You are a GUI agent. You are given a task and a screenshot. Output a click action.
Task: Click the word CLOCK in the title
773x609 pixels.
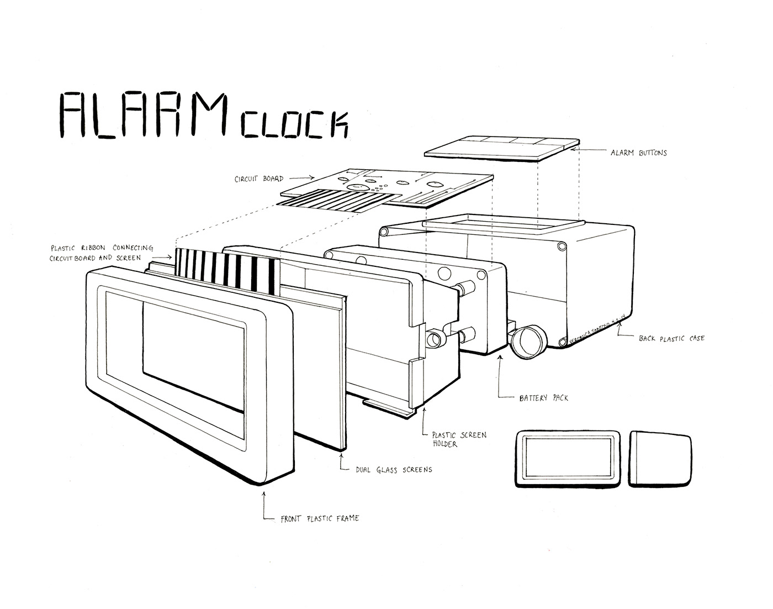point(294,124)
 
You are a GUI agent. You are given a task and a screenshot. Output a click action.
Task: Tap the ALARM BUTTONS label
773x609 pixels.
point(638,153)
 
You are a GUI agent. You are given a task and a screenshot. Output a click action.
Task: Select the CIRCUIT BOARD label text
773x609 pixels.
point(259,179)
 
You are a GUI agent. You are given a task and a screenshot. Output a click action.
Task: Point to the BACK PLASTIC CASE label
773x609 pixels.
point(671,338)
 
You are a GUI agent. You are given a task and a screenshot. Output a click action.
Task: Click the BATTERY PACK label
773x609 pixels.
point(543,397)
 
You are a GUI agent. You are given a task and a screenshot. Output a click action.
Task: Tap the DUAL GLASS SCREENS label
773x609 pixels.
point(394,470)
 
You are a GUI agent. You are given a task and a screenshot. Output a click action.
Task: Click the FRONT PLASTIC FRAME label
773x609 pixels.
point(319,518)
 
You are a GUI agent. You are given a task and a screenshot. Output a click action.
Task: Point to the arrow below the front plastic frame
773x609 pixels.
point(266,506)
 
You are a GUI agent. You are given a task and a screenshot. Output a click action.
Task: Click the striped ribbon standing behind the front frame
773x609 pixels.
point(226,268)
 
